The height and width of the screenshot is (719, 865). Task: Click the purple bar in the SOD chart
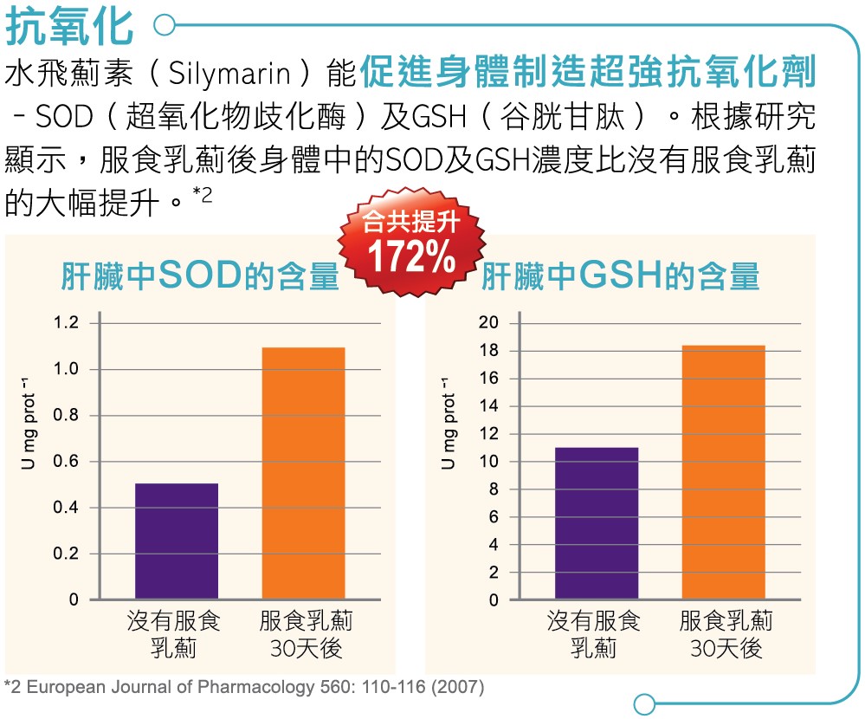tap(177, 541)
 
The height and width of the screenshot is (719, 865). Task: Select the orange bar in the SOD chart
tap(303, 473)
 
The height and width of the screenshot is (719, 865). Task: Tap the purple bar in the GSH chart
tap(597, 522)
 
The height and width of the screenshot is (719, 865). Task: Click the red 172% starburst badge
tap(411, 245)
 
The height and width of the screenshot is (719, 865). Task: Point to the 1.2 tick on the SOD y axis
tap(66, 323)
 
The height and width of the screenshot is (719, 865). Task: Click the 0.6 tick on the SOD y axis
tap(66, 462)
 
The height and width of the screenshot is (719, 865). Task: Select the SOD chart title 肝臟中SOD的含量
tap(199, 275)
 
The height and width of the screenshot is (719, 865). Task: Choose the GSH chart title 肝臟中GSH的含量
tap(620, 275)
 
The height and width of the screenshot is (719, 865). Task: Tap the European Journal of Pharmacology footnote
tap(244, 688)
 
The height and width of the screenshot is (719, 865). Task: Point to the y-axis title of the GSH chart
tap(449, 424)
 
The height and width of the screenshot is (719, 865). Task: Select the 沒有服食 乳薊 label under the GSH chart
tap(594, 634)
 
